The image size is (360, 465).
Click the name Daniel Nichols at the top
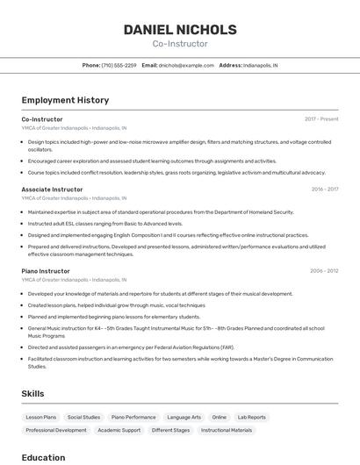click(x=180, y=29)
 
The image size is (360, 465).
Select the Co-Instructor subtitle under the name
click(x=180, y=44)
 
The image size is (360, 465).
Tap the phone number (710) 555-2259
click(x=119, y=65)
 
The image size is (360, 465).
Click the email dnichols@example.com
click(x=186, y=65)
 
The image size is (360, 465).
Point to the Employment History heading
click(x=65, y=100)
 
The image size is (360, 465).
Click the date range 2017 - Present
click(x=321, y=118)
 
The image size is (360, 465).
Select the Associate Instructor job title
click(x=52, y=190)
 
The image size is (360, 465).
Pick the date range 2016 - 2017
click(x=324, y=190)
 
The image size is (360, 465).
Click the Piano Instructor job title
click(x=46, y=271)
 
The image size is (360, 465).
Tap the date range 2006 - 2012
click(x=324, y=271)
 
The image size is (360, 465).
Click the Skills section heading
click(x=33, y=394)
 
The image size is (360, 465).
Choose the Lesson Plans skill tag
click(x=41, y=418)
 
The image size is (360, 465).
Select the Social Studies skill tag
click(x=84, y=418)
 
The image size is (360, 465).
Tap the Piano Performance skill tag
click(x=133, y=418)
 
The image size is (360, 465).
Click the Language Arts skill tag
click(x=184, y=418)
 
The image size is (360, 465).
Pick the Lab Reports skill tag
click(x=251, y=418)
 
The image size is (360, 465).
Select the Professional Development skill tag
click(x=56, y=431)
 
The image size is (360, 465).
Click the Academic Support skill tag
click(x=119, y=431)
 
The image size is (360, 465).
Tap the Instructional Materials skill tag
click(x=227, y=431)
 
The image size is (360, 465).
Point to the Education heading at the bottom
click(x=44, y=457)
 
